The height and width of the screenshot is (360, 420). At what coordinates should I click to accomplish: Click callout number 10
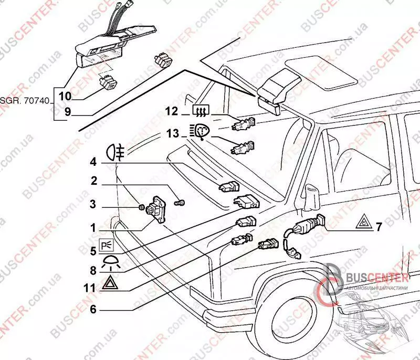pyautogui.click(x=65, y=96)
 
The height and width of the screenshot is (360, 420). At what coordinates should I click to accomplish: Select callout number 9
pyautogui.click(x=68, y=111)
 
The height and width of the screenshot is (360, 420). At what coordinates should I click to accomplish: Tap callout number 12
pyautogui.click(x=171, y=111)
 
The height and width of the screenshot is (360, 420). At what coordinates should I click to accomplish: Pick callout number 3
pyautogui.click(x=92, y=204)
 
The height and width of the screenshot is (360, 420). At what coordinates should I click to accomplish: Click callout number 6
pyautogui.click(x=93, y=309)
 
